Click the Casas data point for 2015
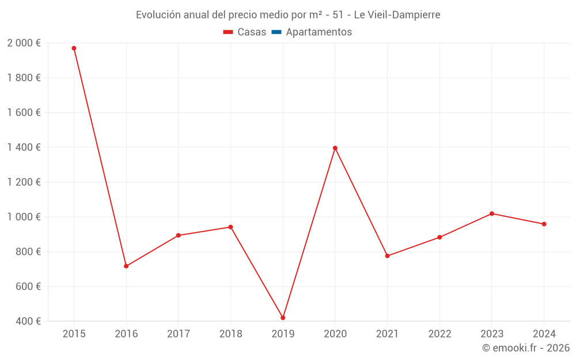74,48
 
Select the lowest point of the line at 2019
283,318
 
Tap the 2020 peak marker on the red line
335,148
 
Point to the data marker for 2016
126,266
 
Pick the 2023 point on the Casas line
492,214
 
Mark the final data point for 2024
544,224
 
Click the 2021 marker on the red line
387,256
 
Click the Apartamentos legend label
319,32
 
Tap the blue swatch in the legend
276,32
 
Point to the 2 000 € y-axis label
24,43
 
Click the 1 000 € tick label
24,217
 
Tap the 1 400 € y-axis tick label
24,147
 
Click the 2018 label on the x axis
230,334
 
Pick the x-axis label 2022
439,334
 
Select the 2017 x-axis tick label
179,334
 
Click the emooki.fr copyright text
526,348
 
